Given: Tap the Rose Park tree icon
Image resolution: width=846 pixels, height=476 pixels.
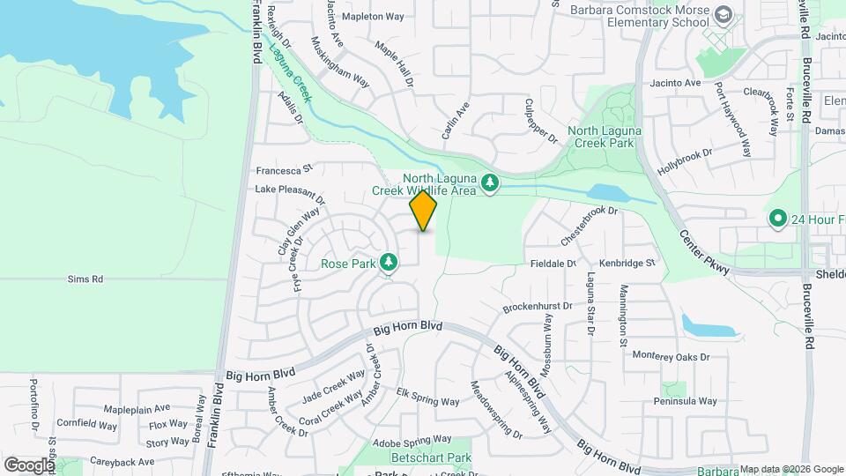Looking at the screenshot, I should [x=387, y=263].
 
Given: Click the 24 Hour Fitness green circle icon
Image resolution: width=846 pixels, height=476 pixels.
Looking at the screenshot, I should [x=777, y=218].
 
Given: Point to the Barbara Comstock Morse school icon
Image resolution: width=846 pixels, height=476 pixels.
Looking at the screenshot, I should [x=724, y=16].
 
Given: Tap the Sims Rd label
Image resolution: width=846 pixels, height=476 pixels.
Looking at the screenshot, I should [x=85, y=279].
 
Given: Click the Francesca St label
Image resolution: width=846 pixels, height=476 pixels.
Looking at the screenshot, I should [x=285, y=169].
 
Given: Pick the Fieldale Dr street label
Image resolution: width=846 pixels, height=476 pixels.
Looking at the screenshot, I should [x=553, y=264].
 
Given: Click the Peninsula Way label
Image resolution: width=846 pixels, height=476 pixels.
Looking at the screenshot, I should [x=686, y=401].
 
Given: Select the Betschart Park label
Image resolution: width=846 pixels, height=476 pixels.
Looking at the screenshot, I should [x=431, y=457].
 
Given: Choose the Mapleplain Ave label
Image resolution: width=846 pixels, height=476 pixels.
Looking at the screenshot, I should [x=137, y=409].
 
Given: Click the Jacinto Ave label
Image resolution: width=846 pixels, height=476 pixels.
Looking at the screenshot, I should [x=675, y=83].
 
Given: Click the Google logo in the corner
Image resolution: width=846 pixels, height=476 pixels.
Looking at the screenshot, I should [x=29, y=465].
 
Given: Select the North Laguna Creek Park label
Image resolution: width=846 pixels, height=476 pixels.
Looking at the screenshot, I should [x=604, y=137].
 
